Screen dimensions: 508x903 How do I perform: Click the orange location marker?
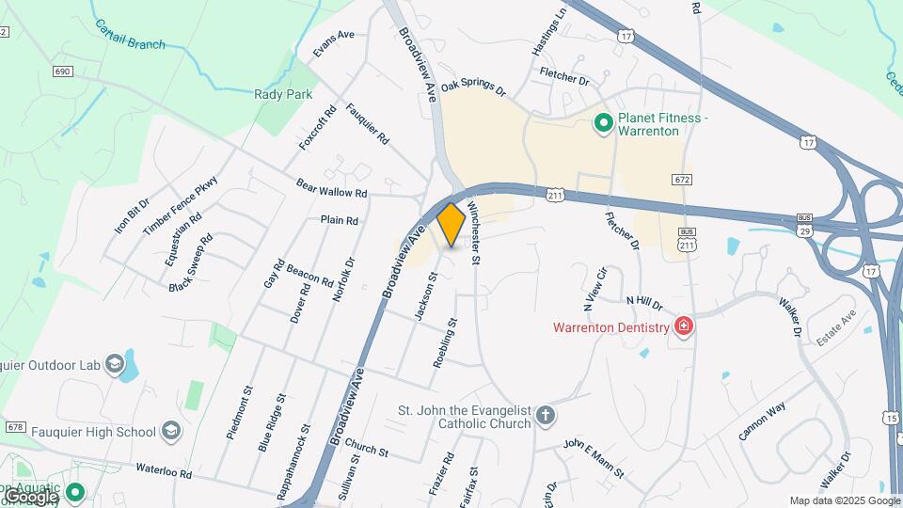pyautogui.click(x=451, y=224)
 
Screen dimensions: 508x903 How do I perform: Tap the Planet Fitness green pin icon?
pyautogui.click(x=604, y=123)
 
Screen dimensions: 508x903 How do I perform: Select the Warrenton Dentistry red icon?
pyautogui.click(x=684, y=327)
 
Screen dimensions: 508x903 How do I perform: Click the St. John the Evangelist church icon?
pyautogui.click(x=546, y=415)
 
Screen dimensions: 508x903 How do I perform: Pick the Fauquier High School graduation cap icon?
pyautogui.click(x=170, y=432)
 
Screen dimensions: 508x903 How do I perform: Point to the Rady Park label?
pyautogui.click(x=283, y=94)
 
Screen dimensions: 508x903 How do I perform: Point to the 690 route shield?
pyautogui.click(x=63, y=71)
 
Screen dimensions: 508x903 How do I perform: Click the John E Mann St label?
pyautogui.click(x=594, y=457)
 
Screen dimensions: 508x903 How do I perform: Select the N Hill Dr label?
pyautogui.click(x=644, y=303)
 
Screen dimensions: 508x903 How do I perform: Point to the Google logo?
pyautogui.click(x=31, y=496)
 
